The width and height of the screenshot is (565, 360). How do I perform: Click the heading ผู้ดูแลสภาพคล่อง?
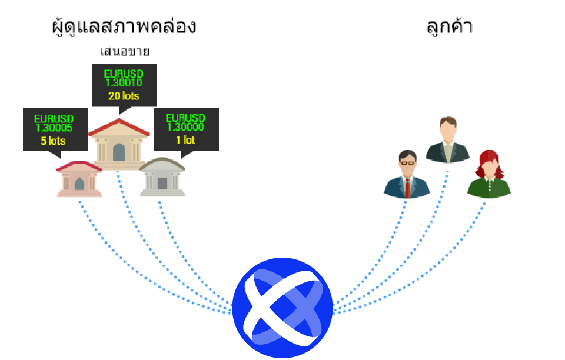click(124, 26)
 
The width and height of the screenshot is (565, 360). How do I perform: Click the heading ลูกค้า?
click(449, 26)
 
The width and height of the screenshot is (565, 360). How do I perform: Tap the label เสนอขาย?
click(125, 52)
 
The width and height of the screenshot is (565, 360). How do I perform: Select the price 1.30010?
click(124, 83)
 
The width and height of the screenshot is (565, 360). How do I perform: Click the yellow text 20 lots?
click(124, 96)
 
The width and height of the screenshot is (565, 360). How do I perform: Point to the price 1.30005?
click(54, 128)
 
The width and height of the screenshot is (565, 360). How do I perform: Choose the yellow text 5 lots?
click(54, 141)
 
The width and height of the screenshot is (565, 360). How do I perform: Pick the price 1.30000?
click(185, 126)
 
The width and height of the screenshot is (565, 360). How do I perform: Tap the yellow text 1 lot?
click(185, 139)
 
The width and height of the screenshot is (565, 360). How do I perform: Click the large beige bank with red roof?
click(119, 144)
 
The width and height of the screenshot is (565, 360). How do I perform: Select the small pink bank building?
click(79, 179)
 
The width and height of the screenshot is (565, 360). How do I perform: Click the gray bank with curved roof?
click(162, 176)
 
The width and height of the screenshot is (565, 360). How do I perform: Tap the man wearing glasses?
click(407, 174)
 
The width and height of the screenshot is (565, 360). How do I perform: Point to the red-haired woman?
click(489, 174)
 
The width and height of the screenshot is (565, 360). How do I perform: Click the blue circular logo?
click(282, 308)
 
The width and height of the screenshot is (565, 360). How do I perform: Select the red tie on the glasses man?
click(407, 188)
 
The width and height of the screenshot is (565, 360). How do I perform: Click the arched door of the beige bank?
click(119, 152)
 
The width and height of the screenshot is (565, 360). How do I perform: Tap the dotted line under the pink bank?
click(144, 274)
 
